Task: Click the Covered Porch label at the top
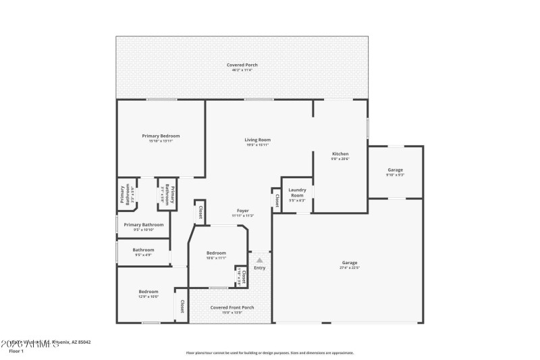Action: [242, 65]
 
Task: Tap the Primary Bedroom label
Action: [161, 136]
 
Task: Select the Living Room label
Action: [257, 140]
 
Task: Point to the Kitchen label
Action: [340, 154]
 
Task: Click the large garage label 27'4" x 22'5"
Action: [349, 263]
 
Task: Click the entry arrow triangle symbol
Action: [259, 259]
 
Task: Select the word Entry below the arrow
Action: [259, 268]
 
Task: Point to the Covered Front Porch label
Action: [232, 307]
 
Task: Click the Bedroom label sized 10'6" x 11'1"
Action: [216, 253]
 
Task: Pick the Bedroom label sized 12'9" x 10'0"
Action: [148, 292]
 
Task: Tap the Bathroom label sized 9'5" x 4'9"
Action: [143, 250]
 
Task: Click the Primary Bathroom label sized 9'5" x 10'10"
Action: [144, 224]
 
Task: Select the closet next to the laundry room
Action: [277, 200]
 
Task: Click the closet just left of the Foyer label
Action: [200, 212]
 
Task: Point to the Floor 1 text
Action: [16, 351]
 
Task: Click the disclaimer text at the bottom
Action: [270, 353]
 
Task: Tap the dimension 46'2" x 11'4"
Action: [242, 70]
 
